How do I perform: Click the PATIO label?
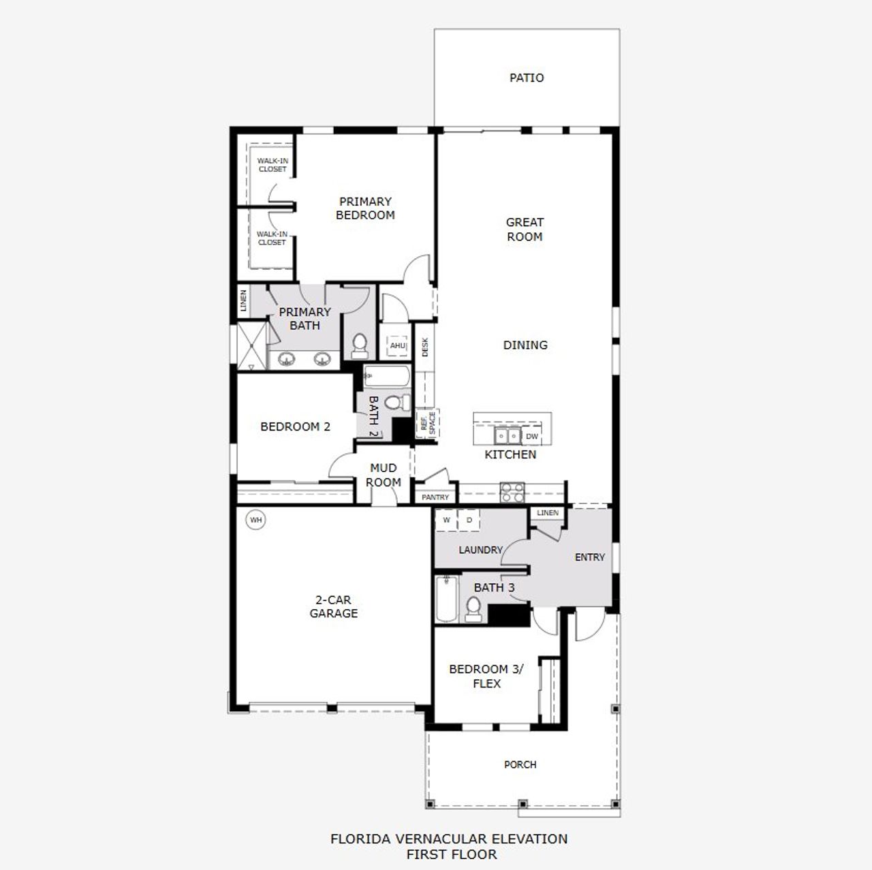point(527,78)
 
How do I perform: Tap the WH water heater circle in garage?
point(255,521)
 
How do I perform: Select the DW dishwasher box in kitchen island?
point(532,436)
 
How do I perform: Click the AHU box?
point(398,346)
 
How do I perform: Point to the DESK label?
point(425,347)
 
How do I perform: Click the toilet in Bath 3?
point(472,609)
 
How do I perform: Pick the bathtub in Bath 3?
point(446,600)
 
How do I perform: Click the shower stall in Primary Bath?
point(250,346)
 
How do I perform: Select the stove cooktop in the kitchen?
point(512,492)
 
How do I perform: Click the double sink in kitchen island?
point(507,436)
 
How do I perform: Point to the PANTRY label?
point(435,497)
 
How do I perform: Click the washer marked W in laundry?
point(447,520)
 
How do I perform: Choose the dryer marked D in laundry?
point(469,520)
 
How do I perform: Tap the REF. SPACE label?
point(427,423)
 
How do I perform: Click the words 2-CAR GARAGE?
point(333,606)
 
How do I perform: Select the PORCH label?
point(520,764)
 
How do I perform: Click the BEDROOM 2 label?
point(295,426)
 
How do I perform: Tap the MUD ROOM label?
point(383,475)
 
